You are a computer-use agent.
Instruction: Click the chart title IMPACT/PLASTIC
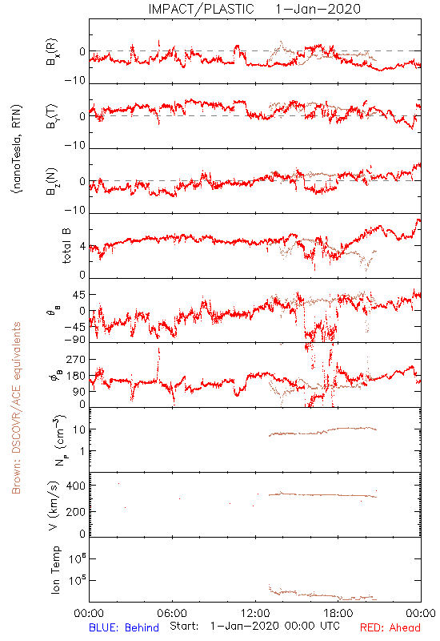202,9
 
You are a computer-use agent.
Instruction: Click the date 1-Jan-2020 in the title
318,9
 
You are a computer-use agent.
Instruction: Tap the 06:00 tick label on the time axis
172,613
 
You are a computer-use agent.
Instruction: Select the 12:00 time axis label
255,613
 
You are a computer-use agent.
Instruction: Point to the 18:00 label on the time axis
338,613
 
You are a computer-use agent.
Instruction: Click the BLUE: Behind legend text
124,627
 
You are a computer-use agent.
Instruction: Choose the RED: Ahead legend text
390,627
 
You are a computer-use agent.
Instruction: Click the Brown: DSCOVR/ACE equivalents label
16,408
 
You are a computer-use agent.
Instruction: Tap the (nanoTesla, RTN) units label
17,148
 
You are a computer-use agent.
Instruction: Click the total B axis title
66,246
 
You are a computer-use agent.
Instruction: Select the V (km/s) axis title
54,506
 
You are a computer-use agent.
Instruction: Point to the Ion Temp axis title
55,570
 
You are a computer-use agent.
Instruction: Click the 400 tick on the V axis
76,486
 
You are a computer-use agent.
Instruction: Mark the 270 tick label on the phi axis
76,359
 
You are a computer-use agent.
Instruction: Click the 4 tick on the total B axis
83,246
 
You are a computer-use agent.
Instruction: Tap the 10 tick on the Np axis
79,429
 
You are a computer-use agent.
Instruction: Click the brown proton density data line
322,431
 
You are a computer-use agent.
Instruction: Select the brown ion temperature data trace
322,595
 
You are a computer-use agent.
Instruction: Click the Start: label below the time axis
184,626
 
